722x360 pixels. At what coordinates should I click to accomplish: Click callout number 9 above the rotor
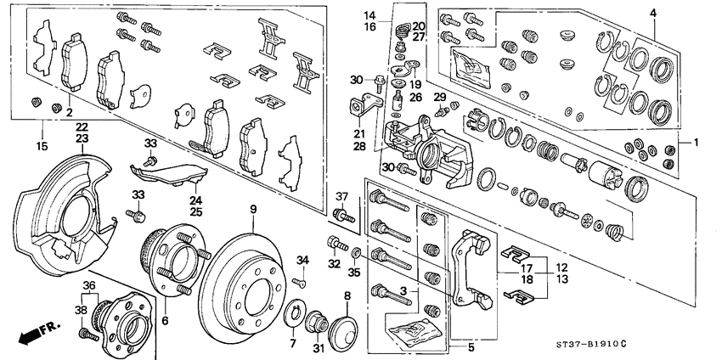tap(252, 209)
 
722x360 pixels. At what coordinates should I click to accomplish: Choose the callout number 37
tap(342, 198)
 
